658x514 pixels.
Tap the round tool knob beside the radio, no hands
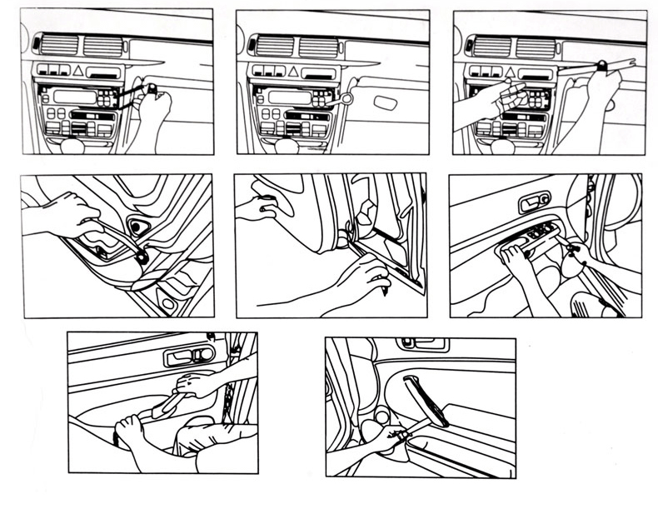tap(346, 98)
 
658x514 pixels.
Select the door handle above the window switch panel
tap(533, 202)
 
